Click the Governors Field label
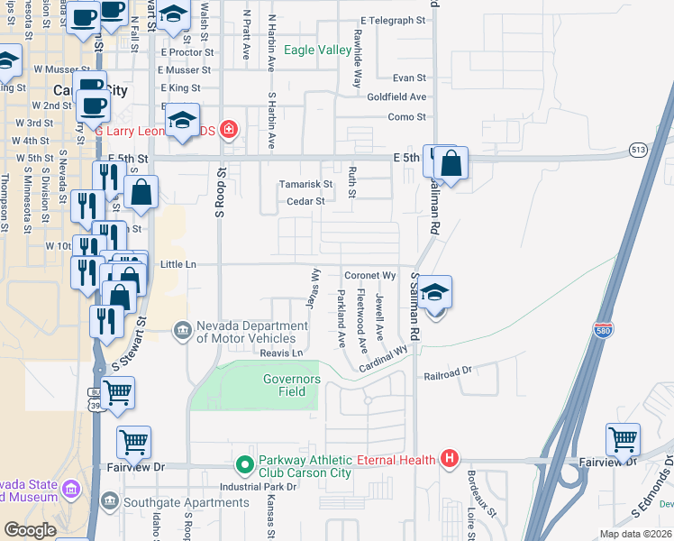point(291,385)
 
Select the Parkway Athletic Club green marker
point(243,465)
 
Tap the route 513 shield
point(638,149)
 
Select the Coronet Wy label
point(370,275)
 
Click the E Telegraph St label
point(393,20)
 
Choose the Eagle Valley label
point(317,50)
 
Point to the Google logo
point(30,530)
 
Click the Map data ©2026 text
point(636,534)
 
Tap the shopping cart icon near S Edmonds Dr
point(623,439)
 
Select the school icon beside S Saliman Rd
point(434,293)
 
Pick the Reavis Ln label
point(280,353)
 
